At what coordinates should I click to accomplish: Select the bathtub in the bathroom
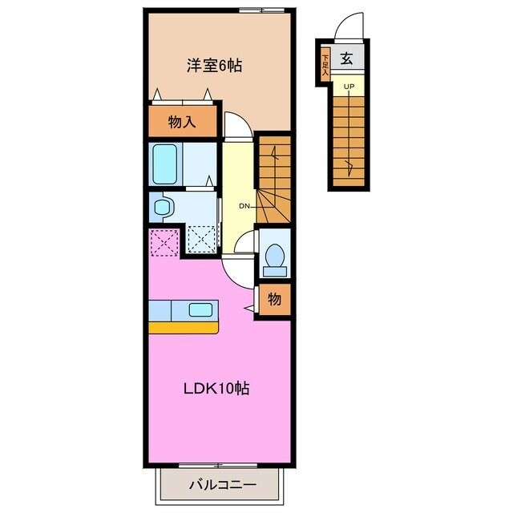point(166,164)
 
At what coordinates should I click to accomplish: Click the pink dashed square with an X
point(164,240)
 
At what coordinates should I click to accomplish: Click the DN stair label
point(244,206)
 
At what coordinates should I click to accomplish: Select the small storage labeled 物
point(274,300)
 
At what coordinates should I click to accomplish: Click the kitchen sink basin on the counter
point(200,309)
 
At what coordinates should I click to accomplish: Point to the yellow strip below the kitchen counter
point(184,327)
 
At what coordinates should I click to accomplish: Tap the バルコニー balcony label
point(222,485)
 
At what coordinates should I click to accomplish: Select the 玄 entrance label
point(347,58)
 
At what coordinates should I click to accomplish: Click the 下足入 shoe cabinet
point(325,61)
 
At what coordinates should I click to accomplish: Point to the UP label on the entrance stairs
point(348,87)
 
